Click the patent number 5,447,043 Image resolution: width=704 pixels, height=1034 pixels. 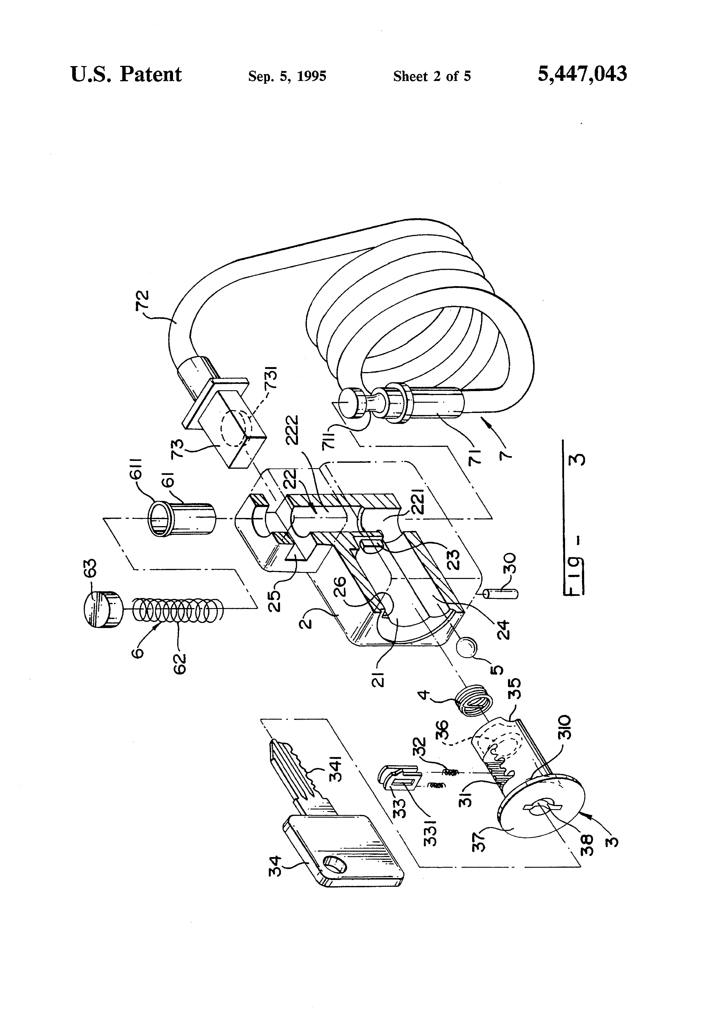tap(582, 74)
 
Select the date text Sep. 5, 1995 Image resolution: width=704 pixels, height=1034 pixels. tap(287, 77)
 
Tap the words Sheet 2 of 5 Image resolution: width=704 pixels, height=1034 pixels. tap(432, 77)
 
